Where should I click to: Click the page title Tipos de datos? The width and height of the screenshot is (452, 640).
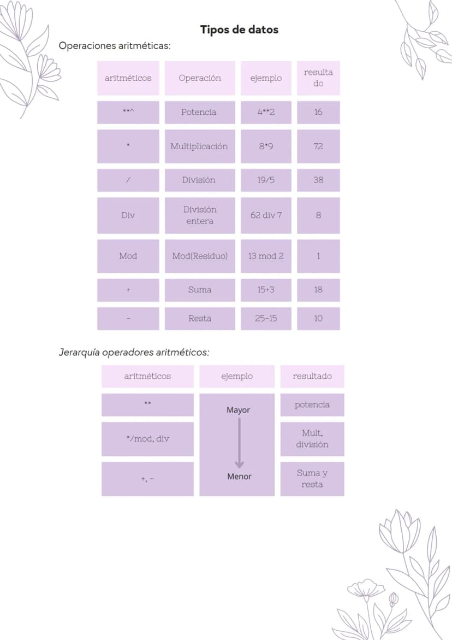[239, 30]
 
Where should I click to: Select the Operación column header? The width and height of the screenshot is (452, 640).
[200, 78]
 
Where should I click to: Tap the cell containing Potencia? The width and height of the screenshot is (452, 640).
[200, 112]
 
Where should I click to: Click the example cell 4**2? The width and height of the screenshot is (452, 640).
[266, 112]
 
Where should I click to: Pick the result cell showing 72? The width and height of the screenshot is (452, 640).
[318, 146]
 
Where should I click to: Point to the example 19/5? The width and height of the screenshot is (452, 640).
[266, 180]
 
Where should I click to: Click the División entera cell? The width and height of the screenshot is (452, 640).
[200, 215]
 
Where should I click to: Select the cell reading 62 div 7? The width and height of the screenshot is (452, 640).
[266, 215]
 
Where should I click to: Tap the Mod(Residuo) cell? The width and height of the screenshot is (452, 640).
[200, 256]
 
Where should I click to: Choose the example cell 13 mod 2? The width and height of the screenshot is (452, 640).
[266, 256]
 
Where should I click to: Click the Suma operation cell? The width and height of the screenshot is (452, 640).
[200, 290]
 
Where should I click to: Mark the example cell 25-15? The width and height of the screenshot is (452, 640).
[266, 319]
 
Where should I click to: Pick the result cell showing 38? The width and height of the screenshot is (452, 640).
[318, 180]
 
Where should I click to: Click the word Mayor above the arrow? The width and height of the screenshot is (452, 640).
[239, 410]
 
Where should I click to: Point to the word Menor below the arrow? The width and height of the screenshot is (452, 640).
[239, 477]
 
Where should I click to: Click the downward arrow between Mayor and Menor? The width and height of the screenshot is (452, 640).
[239, 443]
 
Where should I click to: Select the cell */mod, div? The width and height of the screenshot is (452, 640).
[147, 439]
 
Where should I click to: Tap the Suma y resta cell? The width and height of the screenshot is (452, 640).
[312, 479]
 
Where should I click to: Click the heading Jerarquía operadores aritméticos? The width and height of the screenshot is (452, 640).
[134, 352]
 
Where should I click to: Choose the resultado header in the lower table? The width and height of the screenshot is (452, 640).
[312, 376]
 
